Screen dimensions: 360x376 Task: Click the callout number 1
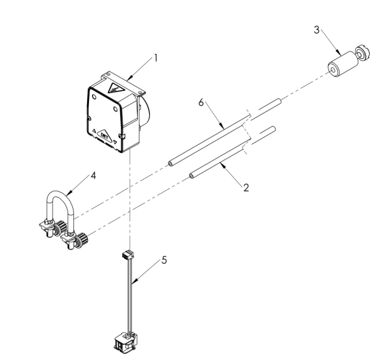click(x=155, y=58)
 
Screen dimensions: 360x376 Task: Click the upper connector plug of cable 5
click(x=128, y=256)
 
